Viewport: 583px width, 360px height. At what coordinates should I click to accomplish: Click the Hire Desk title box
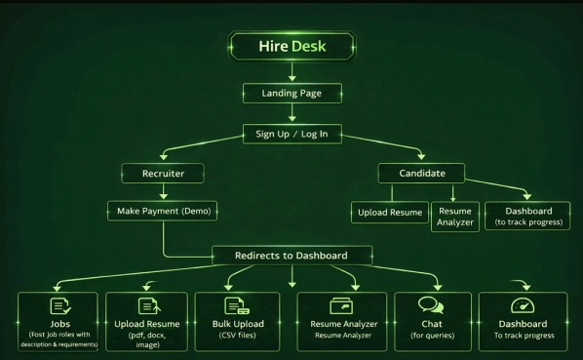292,46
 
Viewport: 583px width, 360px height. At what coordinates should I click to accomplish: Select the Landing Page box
292,94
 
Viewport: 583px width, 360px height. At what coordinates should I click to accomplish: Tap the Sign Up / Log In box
292,134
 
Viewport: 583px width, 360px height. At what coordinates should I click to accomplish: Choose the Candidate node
422,172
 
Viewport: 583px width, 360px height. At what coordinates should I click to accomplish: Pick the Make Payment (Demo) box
162,211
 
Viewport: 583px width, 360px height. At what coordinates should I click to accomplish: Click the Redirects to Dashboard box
292,256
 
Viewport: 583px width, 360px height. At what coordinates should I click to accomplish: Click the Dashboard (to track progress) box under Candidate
527,216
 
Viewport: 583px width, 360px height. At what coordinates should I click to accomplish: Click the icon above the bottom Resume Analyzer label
339,307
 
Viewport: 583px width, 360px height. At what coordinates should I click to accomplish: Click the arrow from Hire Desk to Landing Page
292,71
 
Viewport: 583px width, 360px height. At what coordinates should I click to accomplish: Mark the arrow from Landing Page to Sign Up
292,113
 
